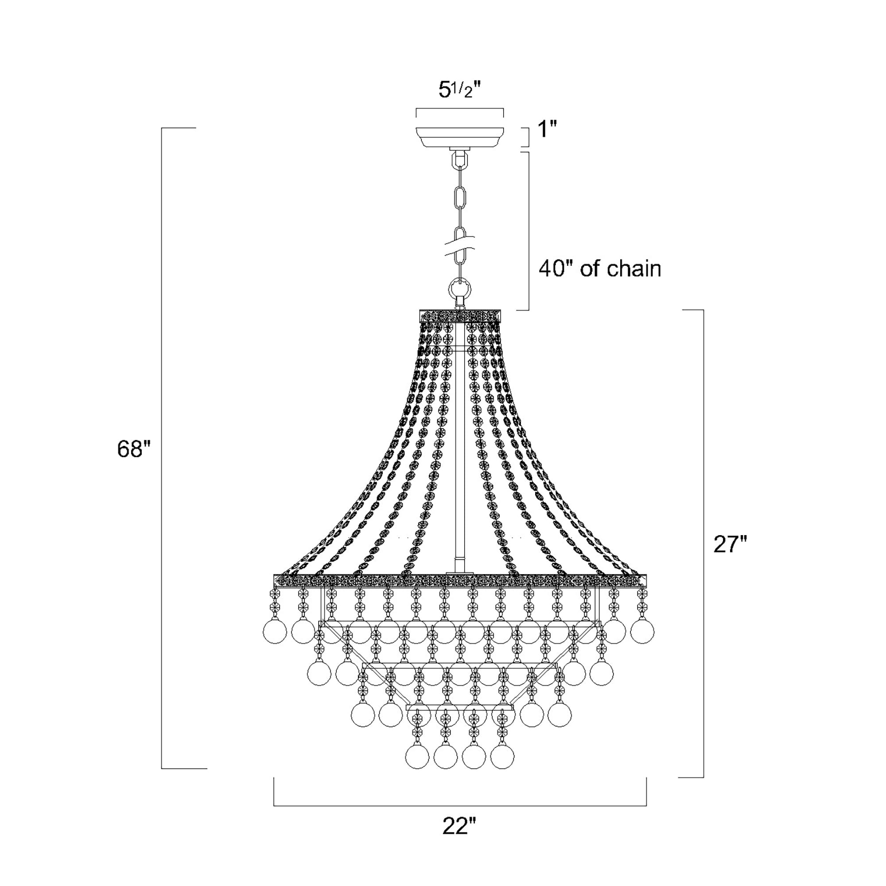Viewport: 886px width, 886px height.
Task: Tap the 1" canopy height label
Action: [x=547, y=130]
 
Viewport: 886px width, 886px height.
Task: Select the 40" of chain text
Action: [x=600, y=269]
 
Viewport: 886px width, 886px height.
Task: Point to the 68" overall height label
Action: [x=133, y=449]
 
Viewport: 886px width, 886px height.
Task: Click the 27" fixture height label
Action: [x=730, y=545]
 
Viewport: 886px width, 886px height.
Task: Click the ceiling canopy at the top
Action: [x=459, y=138]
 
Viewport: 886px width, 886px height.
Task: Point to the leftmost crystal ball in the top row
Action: [x=275, y=631]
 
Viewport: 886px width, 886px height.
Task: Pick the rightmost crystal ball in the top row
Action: [x=642, y=631]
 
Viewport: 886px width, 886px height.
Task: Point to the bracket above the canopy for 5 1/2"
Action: [x=459, y=109]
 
